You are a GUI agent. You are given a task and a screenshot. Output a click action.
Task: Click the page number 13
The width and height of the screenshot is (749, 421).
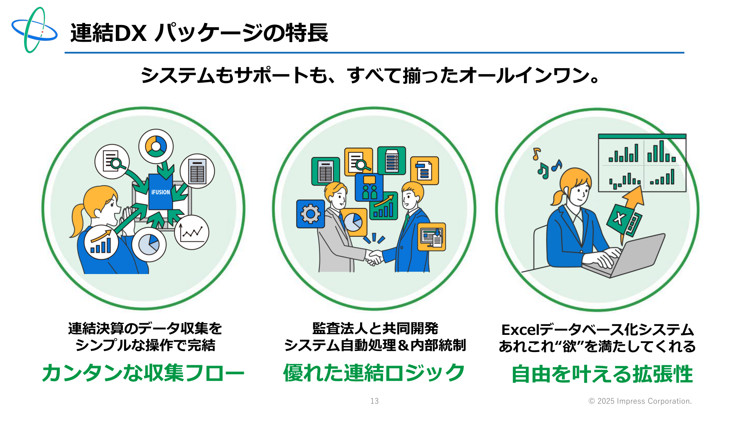[374, 401]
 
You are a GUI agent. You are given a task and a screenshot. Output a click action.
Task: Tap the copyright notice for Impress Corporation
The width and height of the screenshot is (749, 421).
[640, 401]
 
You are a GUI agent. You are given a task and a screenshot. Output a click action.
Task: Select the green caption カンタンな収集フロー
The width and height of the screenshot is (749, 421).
[143, 373]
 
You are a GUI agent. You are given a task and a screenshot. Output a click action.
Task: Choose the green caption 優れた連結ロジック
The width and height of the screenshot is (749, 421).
[374, 373]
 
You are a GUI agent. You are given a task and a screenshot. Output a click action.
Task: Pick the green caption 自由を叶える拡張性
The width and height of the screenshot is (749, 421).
[602, 374]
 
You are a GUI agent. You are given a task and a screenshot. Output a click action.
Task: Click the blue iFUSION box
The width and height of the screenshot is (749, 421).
[160, 192]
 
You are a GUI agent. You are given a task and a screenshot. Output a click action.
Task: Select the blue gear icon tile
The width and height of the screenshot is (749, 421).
[311, 214]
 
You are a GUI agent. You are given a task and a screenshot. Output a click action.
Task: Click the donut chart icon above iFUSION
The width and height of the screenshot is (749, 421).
[156, 146]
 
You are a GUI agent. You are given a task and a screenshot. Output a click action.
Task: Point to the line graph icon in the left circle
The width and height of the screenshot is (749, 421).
[192, 233]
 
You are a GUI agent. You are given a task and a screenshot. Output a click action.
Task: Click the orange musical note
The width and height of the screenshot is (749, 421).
[537, 154]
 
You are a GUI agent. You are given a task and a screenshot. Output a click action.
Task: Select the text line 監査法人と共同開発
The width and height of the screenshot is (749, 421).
[375, 329]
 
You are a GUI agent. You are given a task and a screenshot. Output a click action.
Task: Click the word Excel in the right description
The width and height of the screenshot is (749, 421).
[520, 330]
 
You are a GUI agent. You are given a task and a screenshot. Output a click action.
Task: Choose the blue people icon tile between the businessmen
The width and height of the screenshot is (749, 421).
[369, 188]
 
